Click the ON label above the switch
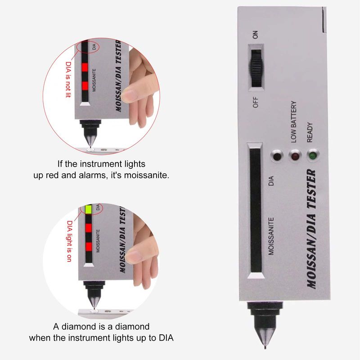pyautogui.click(x=255, y=35)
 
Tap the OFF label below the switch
pyautogui.click(x=255, y=102)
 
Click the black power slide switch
pyautogui.click(x=256, y=68)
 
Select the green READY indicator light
pyautogui.click(x=312, y=156)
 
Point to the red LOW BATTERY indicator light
pyautogui.click(x=295, y=156)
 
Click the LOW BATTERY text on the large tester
pyautogui.click(x=294, y=122)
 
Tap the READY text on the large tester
pyautogui.click(x=310, y=132)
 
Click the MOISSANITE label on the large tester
pyautogui.click(x=271, y=236)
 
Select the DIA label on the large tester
pyautogui.click(x=271, y=181)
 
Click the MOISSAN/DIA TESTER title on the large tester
pyautogui.click(x=311, y=229)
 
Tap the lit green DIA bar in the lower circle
pyautogui.click(x=88, y=209)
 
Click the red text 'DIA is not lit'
pyautogui.click(x=68, y=80)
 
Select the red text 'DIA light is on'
pyautogui.click(x=69, y=241)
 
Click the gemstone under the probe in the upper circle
pyautogui.click(x=90, y=150)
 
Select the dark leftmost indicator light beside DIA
pyautogui.click(x=277, y=156)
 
